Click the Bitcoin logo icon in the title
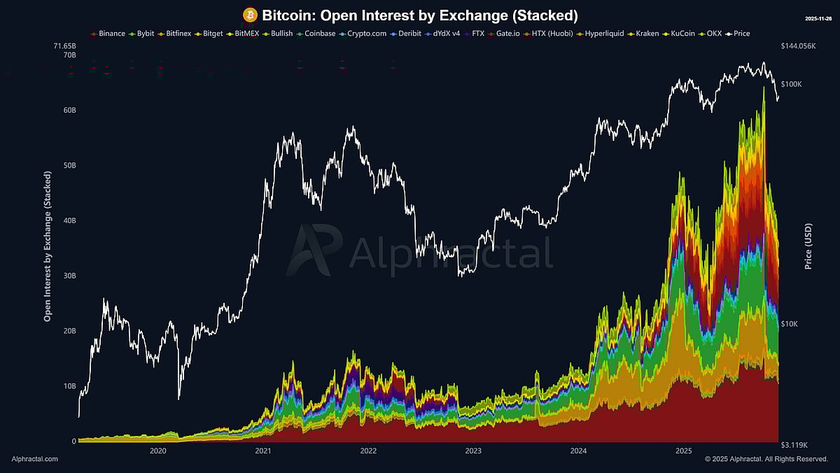pyautogui.click(x=250, y=15)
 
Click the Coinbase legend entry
pyautogui.click(x=316, y=33)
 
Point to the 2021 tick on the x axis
pyautogui.click(x=263, y=451)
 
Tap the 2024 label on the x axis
pyautogui.click(x=579, y=451)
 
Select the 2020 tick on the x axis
pyautogui.click(x=157, y=451)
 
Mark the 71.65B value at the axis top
pyautogui.click(x=64, y=46)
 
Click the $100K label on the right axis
pyautogui.click(x=791, y=84)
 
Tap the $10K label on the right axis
pyautogui.click(x=790, y=324)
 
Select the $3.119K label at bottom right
pyautogui.click(x=794, y=445)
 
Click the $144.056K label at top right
pyautogui.click(x=798, y=46)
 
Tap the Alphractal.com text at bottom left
pyautogui.click(x=35, y=459)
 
